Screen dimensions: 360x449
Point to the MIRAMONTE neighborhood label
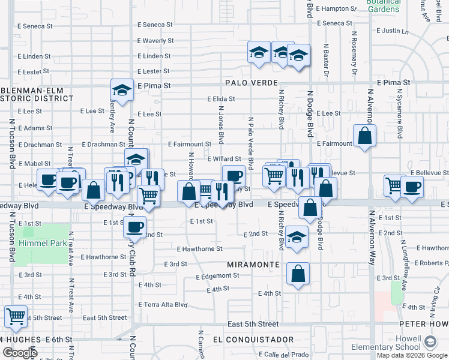[x=253, y=265]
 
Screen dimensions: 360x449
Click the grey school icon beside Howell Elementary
[x=430, y=342]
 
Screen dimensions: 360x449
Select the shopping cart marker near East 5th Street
[x=16, y=316]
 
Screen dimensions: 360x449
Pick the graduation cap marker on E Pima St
[x=122, y=91]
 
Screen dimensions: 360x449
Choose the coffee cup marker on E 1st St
[x=135, y=227]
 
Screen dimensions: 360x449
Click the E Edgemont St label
[x=217, y=275]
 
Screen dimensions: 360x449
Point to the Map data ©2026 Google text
[x=412, y=355]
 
